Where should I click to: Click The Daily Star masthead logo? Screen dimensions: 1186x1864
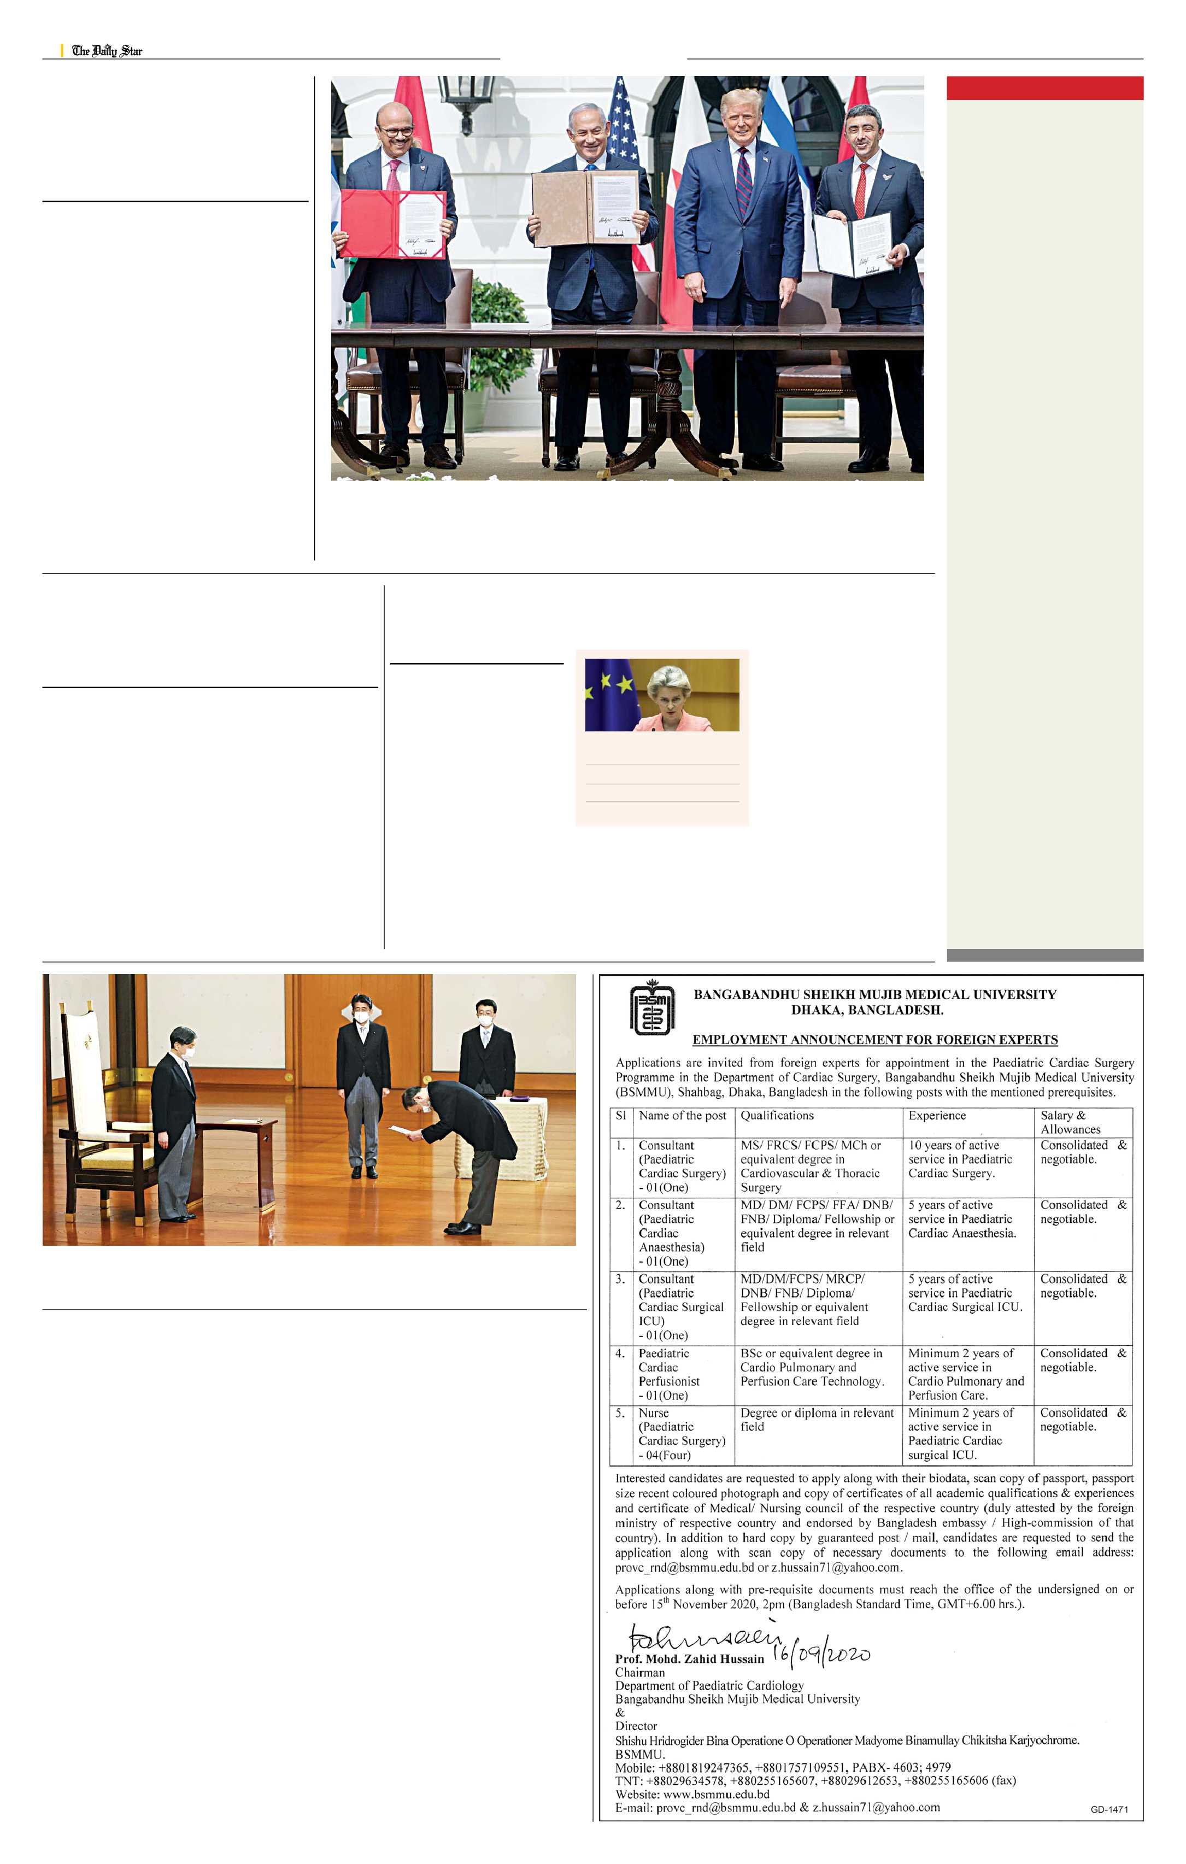point(107,51)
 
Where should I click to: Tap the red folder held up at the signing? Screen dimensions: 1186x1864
point(394,224)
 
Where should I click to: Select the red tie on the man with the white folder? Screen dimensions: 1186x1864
point(861,190)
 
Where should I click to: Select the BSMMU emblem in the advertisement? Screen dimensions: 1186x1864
point(652,1008)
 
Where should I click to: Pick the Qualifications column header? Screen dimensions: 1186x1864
point(777,1116)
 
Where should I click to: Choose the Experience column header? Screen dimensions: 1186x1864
point(937,1116)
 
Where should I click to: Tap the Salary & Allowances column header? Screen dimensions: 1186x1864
point(1070,1122)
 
